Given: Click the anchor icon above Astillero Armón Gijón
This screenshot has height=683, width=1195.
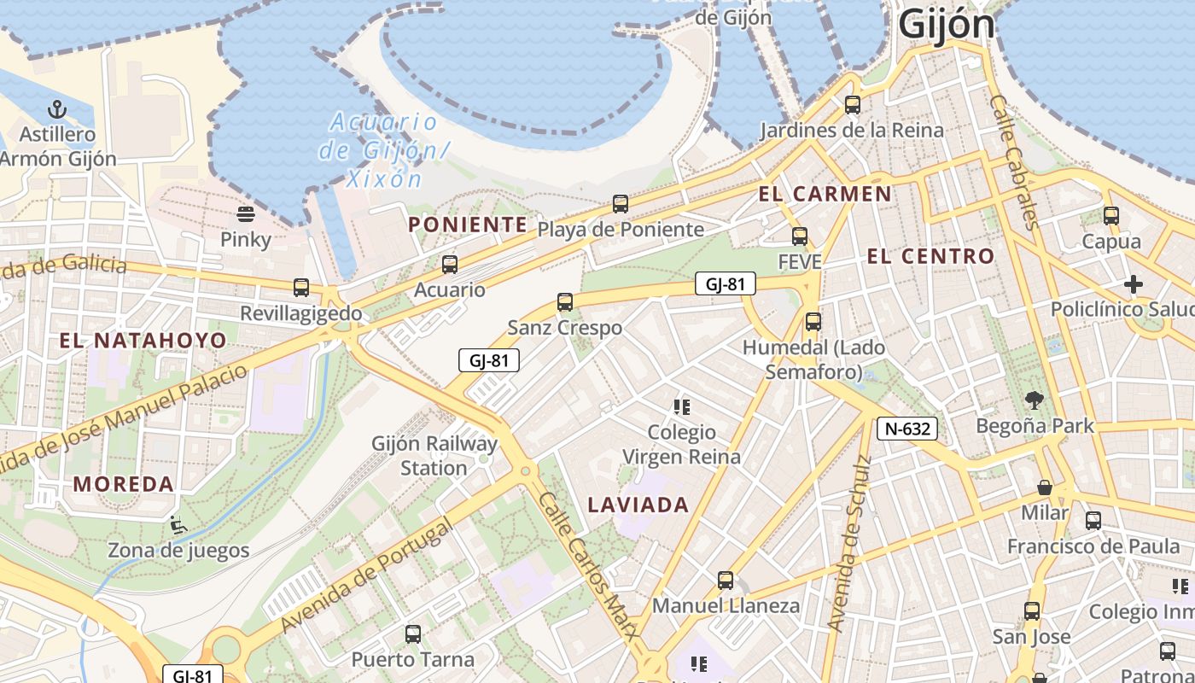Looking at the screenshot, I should tap(57, 109).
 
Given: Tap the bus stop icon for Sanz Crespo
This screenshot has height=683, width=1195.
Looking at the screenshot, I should tap(564, 301).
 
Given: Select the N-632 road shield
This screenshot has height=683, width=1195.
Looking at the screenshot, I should tap(906, 428).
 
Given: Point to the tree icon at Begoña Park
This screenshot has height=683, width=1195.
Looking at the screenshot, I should tap(1035, 400).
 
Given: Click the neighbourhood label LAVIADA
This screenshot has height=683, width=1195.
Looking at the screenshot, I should tap(638, 505).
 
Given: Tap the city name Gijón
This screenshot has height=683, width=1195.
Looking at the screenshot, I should tap(947, 25).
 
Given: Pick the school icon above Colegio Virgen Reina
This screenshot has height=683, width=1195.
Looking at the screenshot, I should tap(681, 406).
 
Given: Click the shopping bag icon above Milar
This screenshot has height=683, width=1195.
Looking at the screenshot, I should tap(1044, 487).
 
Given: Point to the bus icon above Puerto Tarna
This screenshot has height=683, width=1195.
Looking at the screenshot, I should tap(413, 633).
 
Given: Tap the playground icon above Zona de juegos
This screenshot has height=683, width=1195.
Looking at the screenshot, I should tap(178, 524).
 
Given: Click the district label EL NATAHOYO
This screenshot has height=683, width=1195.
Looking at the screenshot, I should tap(143, 341).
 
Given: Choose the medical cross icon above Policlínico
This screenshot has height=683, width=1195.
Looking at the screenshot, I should tap(1134, 283).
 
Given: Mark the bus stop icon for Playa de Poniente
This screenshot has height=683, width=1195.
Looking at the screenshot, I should tap(621, 204).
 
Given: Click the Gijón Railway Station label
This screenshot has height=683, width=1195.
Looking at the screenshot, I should tap(434, 456).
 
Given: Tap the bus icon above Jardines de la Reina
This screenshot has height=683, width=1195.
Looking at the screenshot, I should tap(852, 105).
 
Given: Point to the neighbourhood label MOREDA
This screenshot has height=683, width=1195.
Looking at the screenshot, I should tap(124, 484).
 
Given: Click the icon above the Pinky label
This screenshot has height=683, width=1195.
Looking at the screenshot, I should tap(246, 213).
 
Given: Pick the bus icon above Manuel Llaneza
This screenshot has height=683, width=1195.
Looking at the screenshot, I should tap(726, 581).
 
